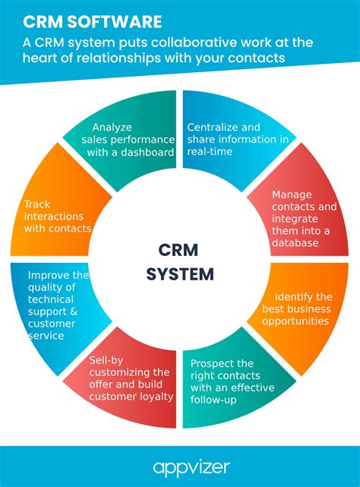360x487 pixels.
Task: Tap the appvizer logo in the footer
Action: [x=180, y=466]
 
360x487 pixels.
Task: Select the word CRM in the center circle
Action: [x=180, y=250]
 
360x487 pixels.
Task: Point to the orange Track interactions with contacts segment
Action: [x=58, y=217]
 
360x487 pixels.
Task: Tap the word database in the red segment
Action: [x=297, y=243]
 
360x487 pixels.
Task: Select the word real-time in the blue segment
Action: [x=210, y=152]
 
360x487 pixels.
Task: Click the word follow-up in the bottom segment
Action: [x=215, y=400]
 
